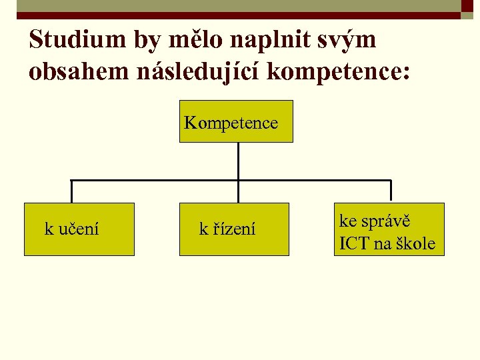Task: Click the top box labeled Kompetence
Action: (x=236, y=121)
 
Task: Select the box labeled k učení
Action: (x=79, y=229)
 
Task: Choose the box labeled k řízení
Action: (x=234, y=229)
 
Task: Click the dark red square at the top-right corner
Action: (x=467, y=6)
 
